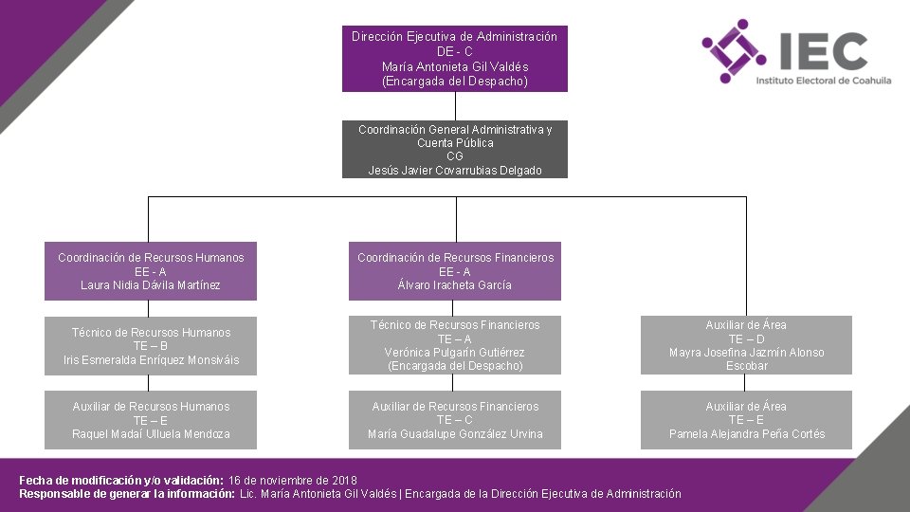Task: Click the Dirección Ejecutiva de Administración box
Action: pos(454,59)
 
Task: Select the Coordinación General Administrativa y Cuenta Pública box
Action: pos(454,150)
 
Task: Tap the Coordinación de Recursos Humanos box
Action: pos(150,271)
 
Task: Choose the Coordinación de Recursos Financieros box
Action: pos(454,271)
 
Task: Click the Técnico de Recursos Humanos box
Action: pos(150,346)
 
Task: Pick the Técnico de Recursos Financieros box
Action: pos(454,345)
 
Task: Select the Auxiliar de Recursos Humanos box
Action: pos(150,420)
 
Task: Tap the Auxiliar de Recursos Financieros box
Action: pos(454,420)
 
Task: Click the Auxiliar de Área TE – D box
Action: pos(746,345)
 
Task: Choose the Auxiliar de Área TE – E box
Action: pos(746,420)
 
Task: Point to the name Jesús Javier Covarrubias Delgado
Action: pos(455,171)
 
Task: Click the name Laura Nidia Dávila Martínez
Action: pos(150,285)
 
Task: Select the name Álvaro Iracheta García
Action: pos(455,285)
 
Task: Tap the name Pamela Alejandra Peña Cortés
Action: pos(747,434)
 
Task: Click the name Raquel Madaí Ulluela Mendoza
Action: pos(151,434)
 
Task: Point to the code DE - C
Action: pos(455,51)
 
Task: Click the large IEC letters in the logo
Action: pos(822,50)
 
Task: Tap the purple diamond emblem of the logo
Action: pos(733,51)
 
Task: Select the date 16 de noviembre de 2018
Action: pos(292,481)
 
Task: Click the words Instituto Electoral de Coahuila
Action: pos(823,82)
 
